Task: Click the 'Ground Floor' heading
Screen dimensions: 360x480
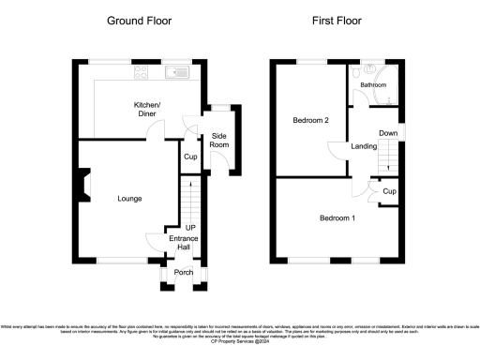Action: (140, 20)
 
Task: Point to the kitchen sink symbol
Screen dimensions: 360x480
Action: (176, 71)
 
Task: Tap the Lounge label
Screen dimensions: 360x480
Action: (131, 199)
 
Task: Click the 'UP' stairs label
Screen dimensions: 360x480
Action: (189, 228)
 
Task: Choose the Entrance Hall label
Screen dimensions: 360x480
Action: (183, 245)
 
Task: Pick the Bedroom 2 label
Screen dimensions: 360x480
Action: (311, 121)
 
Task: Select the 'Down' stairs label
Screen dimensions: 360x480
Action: (388, 134)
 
